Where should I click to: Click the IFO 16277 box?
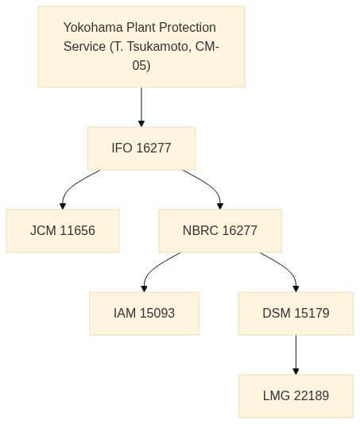(x=141, y=148)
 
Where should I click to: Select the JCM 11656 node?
(x=63, y=231)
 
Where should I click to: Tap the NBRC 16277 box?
(x=220, y=231)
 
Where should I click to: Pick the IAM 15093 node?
(x=145, y=314)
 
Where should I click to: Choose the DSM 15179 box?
(x=296, y=314)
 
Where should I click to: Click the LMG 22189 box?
(x=296, y=396)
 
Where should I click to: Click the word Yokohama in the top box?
(x=93, y=28)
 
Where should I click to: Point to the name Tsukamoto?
(x=157, y=47)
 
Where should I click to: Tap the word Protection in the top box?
(x=188, y=28)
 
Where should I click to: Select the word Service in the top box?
(x=84, y=47)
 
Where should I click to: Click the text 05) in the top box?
(x=141, y=65)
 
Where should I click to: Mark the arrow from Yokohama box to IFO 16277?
(x=141, y=107)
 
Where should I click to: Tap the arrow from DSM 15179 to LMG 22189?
(x=296, y=355)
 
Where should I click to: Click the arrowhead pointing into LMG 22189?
(x=296, y=372)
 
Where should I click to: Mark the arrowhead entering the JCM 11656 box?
(x=63, y=206)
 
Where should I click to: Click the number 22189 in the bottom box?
(x=312, y=396)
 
